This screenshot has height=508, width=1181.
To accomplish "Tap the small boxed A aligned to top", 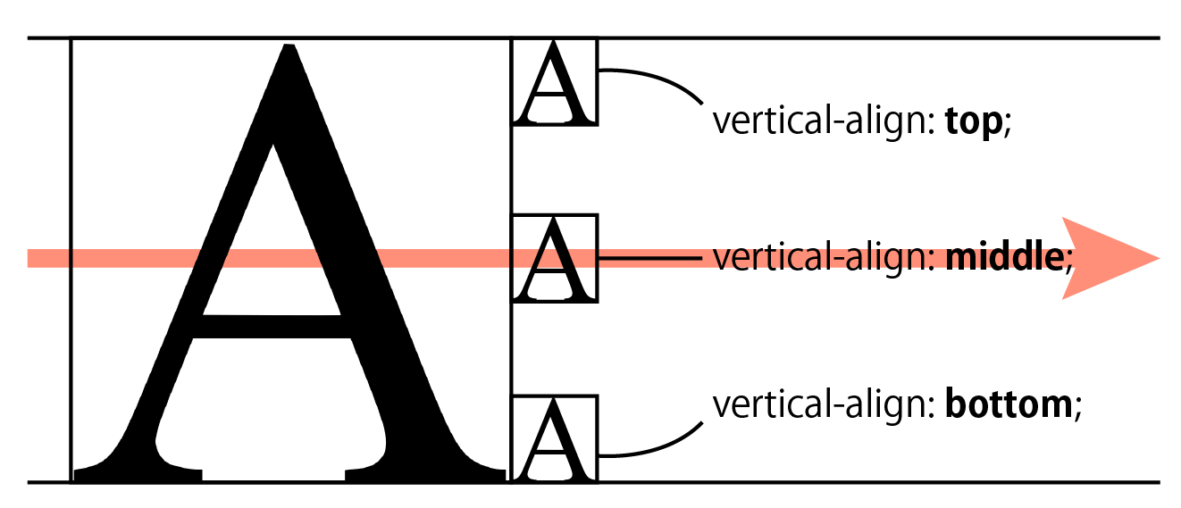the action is pos(554,81).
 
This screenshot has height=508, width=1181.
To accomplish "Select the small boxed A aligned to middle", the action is pos(554,258).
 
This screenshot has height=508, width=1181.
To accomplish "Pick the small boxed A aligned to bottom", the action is pos(554,438).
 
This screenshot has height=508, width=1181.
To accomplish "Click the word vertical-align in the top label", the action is pos(821,122).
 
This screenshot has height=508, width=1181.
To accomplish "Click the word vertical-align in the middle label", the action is pos(821,258).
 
